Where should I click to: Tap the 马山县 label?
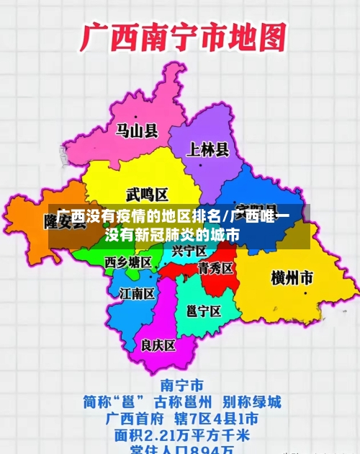[x=137, y=130]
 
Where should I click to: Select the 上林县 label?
[x=208, y=150]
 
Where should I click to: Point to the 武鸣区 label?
[x=146, y=194]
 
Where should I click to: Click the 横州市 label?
[x=292, y=277]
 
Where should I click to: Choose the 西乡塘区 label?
[x=128, y=262]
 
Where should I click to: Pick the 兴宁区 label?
[x=189, y=251]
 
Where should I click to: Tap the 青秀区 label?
[x=215, y=268]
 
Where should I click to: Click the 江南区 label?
[x=137, y=293]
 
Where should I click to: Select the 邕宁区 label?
[x=203, y=311]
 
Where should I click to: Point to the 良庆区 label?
[x=158, y=345]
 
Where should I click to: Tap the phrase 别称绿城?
[x=251, y=401]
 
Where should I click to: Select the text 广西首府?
[x=138, y=418]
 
